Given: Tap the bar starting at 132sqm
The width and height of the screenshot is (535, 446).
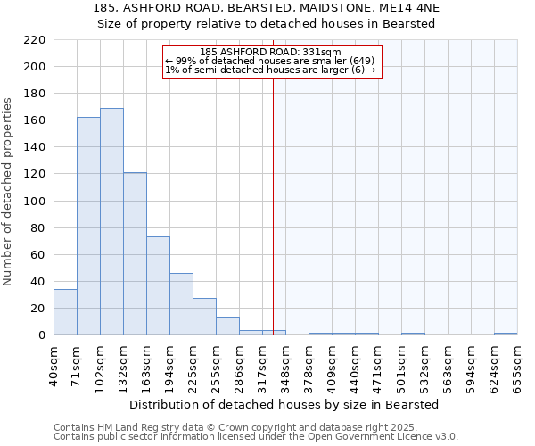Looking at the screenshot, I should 135,253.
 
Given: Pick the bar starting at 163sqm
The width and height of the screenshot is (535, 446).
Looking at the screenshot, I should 158,285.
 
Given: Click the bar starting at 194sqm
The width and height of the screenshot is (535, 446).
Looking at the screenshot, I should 181,303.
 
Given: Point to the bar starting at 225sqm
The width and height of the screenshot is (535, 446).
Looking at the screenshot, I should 204,317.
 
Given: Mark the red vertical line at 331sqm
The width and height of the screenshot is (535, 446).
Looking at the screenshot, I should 273,205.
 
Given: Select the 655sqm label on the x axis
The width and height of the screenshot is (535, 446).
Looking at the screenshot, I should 517,365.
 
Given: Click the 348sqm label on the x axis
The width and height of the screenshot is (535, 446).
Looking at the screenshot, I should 285,365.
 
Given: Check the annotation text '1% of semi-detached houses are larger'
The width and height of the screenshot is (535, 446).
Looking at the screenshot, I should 270,70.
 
